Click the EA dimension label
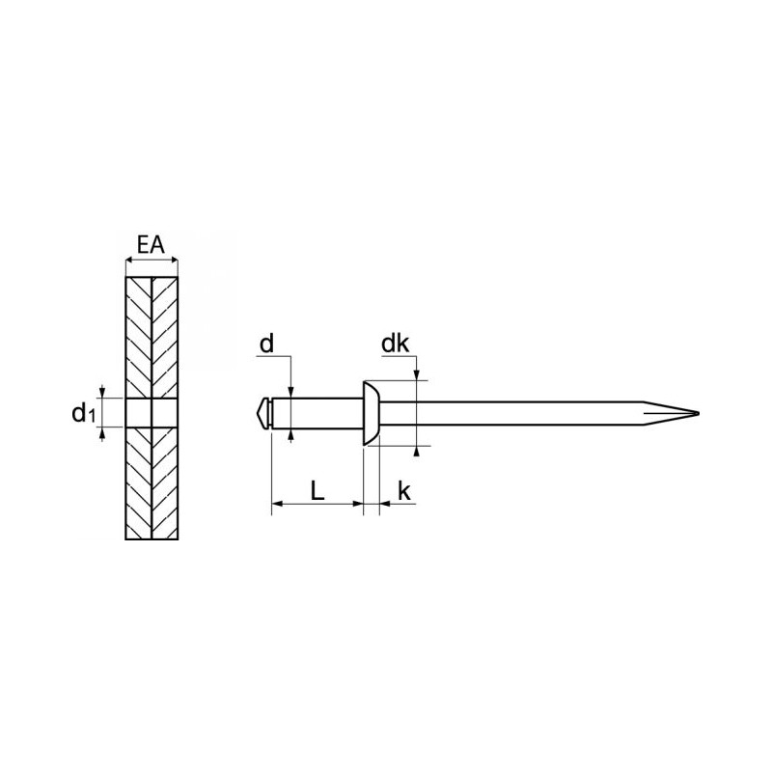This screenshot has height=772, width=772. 152,245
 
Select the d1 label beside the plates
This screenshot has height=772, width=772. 84,414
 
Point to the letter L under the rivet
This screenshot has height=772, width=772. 316,490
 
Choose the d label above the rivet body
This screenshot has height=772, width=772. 267,344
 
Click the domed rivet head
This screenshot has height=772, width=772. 370,413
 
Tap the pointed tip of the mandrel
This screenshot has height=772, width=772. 693,414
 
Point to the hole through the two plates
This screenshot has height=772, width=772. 152,413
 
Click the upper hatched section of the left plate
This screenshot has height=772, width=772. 139,338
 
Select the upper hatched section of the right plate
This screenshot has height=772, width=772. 165,338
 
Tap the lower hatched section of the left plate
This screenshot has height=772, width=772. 139,482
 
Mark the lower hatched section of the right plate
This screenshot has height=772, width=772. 165,482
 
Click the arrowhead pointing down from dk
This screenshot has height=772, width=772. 416,373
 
